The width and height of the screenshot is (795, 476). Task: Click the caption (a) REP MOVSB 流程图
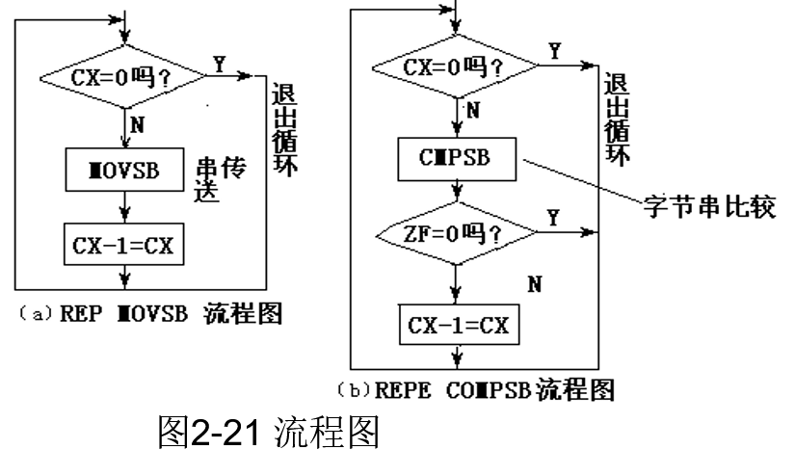tap(148, 315)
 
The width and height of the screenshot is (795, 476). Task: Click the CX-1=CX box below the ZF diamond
tap(458, 326)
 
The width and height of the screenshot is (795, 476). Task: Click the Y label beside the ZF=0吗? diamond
tap(551, 219)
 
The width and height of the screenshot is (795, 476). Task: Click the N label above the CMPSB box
tap(473, 111)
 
